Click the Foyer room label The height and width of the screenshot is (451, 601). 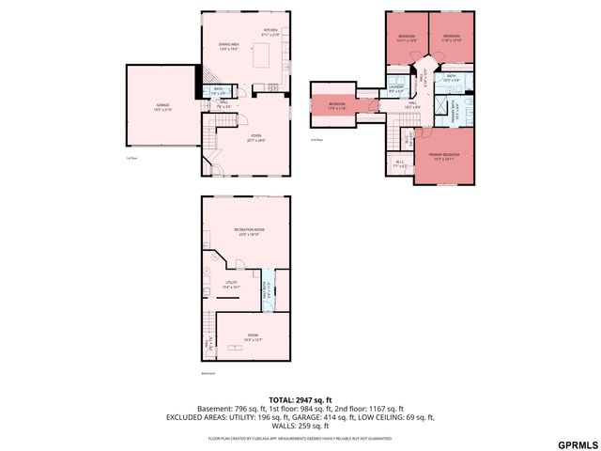click(x=255, y=138)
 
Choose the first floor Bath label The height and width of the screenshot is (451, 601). click(x=217, y=91)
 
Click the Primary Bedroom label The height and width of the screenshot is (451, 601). click(x=444, y=157)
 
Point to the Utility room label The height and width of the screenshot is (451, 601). click(x=231, y=285)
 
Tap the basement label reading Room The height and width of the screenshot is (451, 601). click(x=253, y=337)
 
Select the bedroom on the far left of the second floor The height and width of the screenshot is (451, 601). click(x=336, y=105)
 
